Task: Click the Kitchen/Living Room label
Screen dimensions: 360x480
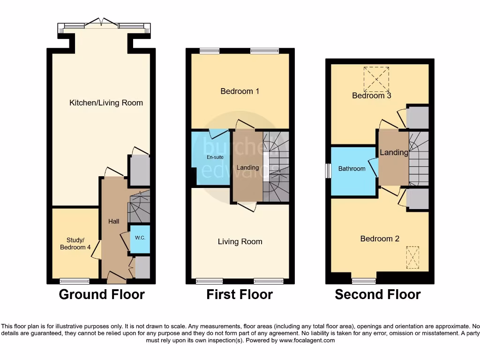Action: point(106,103)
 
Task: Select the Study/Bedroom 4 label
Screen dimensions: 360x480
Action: point(75,243)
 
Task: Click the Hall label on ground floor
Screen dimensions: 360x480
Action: point(114,221)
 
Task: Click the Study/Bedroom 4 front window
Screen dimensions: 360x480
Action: point(75,281)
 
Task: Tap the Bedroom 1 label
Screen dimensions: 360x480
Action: point(240,91)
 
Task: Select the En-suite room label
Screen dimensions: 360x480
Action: point(215,157)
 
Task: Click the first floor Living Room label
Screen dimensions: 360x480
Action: point(240,242)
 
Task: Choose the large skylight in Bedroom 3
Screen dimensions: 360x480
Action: point(376,79)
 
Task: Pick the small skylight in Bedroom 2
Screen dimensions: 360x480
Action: point(412,258)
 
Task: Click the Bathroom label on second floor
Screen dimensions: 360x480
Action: point(352,169)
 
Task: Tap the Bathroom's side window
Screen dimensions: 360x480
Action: point(329,171)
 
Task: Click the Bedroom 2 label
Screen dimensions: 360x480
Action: point(380,239)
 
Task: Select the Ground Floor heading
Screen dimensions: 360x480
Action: point(102,294)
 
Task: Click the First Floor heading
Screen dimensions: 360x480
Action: point(240,294)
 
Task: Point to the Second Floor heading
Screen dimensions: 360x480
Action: point(377,294)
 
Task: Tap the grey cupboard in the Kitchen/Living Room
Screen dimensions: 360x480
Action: point(140,171)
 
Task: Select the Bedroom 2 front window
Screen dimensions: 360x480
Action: point(364,281)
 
